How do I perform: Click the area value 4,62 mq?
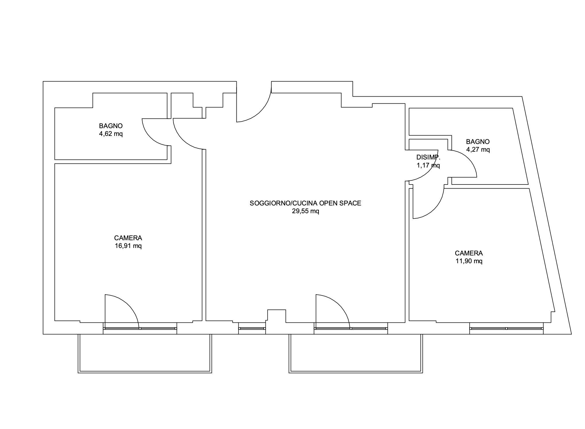(x=111, y=134)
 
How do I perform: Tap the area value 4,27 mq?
(x=478, y=150)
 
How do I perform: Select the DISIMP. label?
(x=428, y=157)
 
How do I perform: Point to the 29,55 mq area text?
(x=306, y=211)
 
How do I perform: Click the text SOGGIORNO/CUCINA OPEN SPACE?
(x=306, y=203)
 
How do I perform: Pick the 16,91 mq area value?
(x=128, y=246)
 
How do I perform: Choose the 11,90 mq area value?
(x=469, y=261)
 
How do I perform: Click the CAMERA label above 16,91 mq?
(x=128, y=238)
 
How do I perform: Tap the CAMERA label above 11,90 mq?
(x=469, y=253)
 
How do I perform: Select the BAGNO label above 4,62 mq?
(x=111, y=126)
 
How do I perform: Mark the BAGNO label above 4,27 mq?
(x=478, y=142)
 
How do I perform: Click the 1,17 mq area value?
(x=428, y=166)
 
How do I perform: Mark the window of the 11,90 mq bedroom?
(x=506, y=328)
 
